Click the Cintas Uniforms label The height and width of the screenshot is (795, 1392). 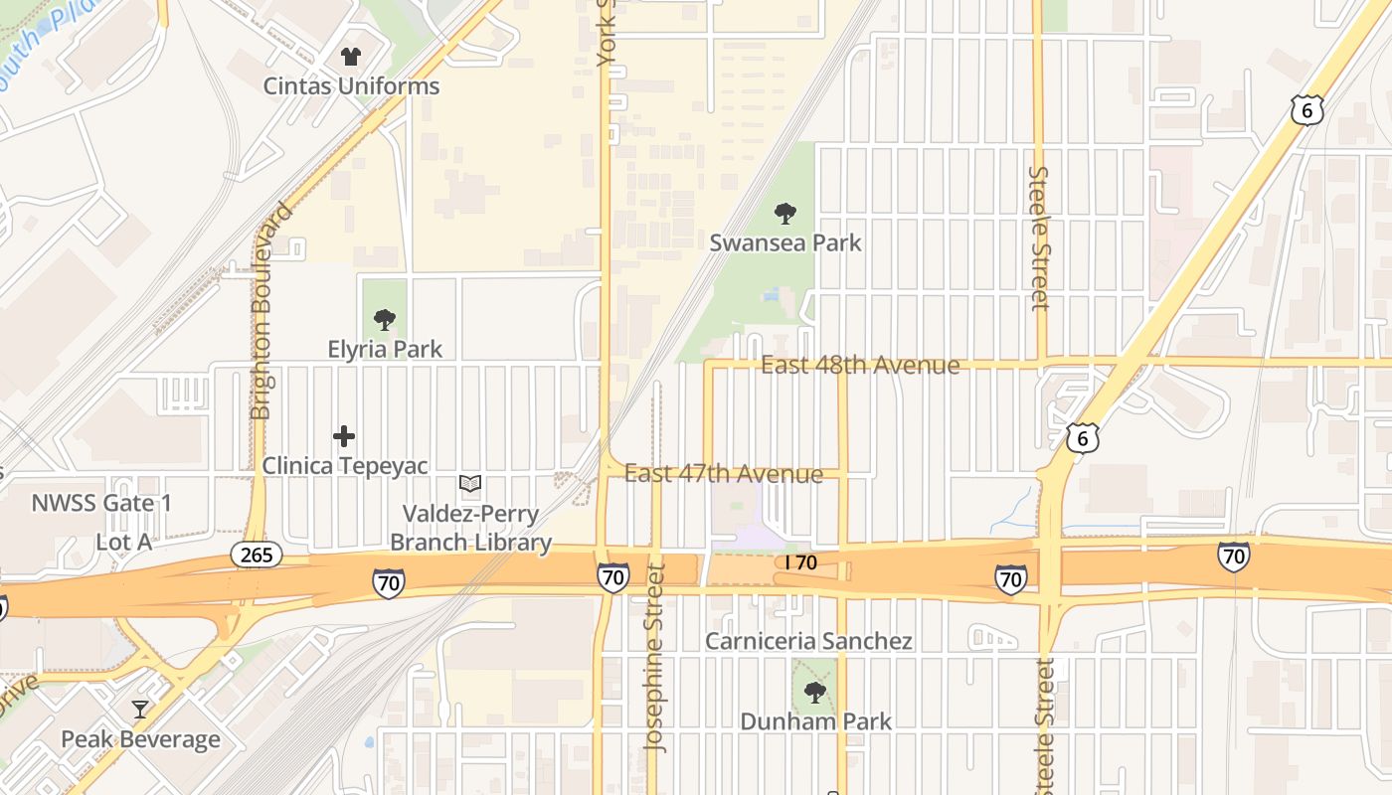351,86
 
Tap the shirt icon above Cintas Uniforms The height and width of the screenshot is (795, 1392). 351,57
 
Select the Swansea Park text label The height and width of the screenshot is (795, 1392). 785,242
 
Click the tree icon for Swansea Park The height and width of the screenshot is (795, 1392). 785,213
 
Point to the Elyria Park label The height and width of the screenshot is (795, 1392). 385,349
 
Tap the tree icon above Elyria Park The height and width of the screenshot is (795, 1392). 385,320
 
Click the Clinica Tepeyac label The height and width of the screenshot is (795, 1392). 345,466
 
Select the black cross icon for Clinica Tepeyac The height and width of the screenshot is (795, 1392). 344,436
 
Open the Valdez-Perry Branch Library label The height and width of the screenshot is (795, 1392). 470,529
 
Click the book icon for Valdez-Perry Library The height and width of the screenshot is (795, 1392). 470,484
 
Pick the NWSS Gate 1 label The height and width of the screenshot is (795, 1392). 101,503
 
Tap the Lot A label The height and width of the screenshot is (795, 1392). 124,543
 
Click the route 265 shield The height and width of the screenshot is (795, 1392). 257,555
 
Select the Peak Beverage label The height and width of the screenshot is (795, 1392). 140,739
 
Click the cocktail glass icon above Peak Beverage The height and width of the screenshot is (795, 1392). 140,710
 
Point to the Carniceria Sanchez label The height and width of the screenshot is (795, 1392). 808,641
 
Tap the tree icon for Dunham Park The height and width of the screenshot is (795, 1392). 815,692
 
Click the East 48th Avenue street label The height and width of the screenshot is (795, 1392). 860,366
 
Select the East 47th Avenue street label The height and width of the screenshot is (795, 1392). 724,474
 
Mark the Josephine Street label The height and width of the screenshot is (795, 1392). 654,658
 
